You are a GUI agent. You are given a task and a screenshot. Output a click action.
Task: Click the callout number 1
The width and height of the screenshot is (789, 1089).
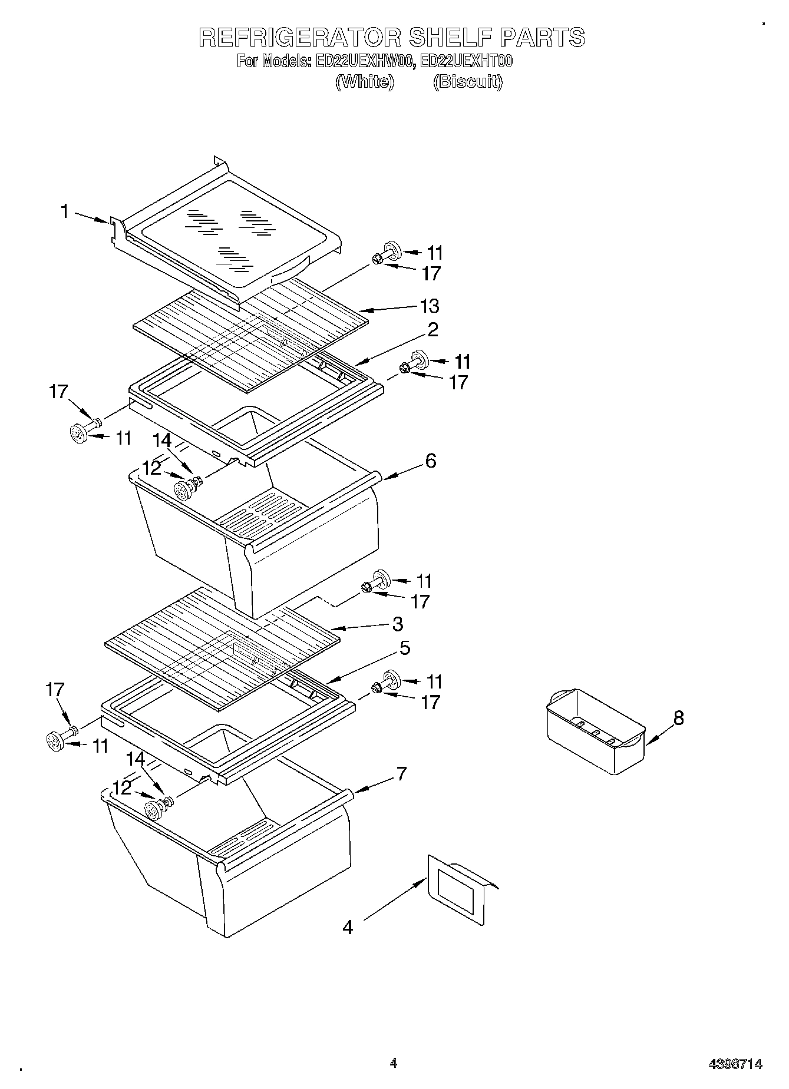pyautogui.click(x=65, y=211)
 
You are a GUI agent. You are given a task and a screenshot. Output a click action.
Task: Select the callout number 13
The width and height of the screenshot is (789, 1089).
pyautogui.click(x=430, y=306)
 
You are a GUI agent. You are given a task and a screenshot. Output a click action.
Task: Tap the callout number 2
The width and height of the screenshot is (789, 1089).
pyautogui.click(x=433, y=330)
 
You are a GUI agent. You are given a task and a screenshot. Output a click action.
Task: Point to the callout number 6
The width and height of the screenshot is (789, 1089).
pyautogui.click(x=431, y=461)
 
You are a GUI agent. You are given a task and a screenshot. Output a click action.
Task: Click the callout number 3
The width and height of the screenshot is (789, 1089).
pyautogui.click(x=397, y=624)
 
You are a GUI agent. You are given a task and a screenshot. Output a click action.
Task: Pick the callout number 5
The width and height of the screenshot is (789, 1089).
pyautogui.click(x=404, y=648)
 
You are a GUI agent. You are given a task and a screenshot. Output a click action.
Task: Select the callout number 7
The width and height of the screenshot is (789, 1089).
pyautogui.click(x=401, y=773)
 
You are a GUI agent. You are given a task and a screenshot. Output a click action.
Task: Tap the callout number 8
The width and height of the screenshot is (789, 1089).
pyautogui.click(x=679, y=718)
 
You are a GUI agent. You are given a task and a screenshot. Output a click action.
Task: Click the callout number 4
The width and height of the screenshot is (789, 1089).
pyautogui.click(x=348, y=928)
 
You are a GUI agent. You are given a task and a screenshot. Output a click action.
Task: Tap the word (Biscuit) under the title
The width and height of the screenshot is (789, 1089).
pyautogui.click(x=468, y=82)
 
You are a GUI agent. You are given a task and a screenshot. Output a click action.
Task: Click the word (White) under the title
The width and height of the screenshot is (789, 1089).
pyautogui.click(x=365, y=82)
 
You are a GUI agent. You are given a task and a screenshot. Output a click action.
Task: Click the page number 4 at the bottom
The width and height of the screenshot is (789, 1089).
pyautogui.click(x=394, y=1063)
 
